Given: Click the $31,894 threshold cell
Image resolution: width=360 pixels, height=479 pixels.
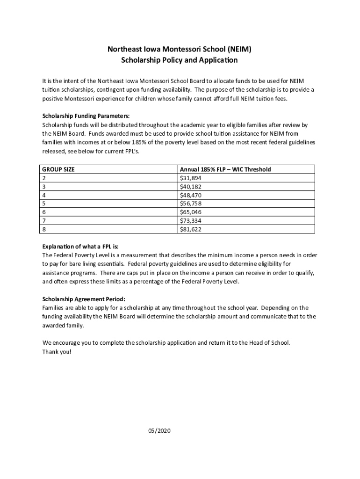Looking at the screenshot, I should click(191, 178).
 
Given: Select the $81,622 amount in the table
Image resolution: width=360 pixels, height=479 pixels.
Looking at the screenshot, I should click(191, 229).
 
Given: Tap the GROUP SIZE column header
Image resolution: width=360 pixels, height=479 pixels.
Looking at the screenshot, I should click(58, 169).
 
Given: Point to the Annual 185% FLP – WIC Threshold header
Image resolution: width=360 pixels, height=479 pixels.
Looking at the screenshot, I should click(225, 169).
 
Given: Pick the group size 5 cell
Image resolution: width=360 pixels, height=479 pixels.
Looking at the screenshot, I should click(44, 203).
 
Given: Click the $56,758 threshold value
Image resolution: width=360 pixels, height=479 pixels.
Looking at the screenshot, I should click(191, 203).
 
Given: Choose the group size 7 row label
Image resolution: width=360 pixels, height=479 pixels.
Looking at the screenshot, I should click(44, 221).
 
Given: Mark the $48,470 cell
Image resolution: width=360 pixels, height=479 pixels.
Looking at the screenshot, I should click(191, 195).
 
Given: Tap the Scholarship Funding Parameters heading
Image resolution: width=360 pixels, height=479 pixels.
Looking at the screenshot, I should click(86, 116).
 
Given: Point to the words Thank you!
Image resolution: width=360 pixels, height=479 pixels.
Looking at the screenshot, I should click(57, 352).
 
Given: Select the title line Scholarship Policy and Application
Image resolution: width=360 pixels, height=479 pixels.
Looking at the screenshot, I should click(180, 60).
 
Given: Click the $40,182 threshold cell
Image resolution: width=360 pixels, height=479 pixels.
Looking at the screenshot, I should click(191, 187).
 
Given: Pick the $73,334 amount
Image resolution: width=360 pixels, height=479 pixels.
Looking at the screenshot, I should click(191, 221).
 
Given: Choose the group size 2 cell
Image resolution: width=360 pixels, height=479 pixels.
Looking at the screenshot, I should click(44, 178).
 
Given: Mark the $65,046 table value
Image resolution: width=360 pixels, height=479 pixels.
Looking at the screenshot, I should click(191, 212).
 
